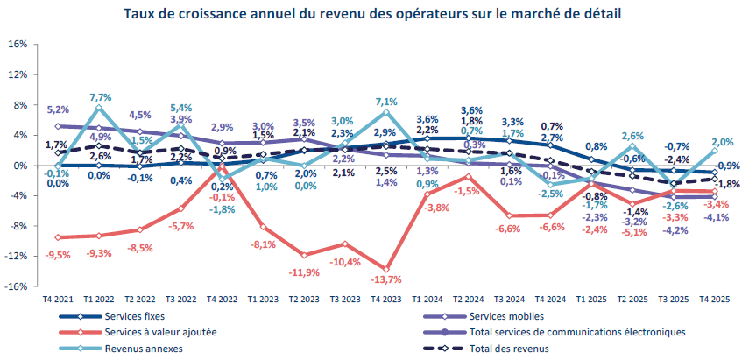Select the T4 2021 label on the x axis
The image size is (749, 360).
[x=57, y=299]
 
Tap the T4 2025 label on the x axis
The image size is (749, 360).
[x=716, y=299]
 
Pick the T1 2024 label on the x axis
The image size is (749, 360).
[x=427, y=299]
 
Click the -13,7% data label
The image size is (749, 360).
[x=385, y=280]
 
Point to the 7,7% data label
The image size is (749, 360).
[x=100, y=97]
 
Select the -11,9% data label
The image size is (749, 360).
[x=304, y=272]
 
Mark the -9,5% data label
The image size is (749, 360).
[x=58, y=255]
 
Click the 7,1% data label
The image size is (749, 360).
[x=386, y=102]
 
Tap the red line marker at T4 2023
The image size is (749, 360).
[x=386, y=269]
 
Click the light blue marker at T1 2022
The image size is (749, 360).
[x=99, y=108]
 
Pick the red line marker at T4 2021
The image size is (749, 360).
[x=58, y=237]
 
